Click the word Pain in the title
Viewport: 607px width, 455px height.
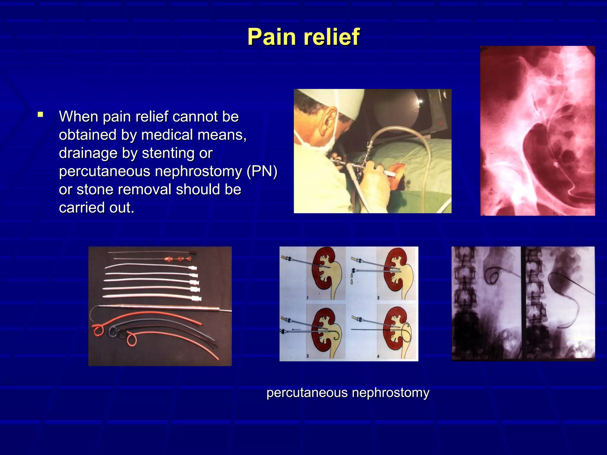coord(272,37)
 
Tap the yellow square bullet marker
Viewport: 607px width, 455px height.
coord(41,115)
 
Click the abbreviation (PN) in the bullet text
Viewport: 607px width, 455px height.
coord(262,171)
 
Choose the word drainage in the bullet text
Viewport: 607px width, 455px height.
coord(84,153)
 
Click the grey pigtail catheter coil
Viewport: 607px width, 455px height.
coord(113,331)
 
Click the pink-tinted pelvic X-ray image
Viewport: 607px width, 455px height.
coord(537,130)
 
